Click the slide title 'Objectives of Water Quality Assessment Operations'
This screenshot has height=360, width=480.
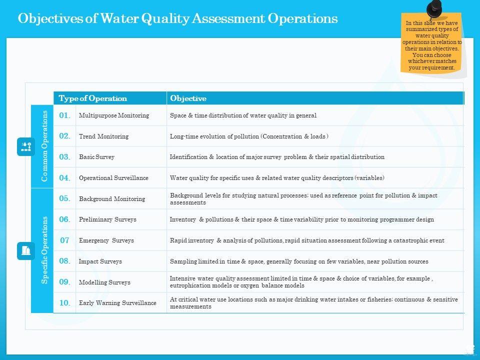[x=177, y=19]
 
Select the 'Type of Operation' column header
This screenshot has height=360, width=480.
[x=93, y=98]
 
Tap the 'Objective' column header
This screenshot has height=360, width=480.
[x=188, y=98]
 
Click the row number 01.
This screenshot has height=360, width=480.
[x=64, y=115]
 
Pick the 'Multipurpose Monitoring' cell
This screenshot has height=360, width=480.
[x=114, y=115]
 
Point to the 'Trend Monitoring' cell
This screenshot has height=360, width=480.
[x=103, y=136]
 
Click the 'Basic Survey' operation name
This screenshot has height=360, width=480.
[x=96, y=157]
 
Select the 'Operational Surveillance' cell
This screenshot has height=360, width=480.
[x=113, y=178]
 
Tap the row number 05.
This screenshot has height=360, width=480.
[x=64, y=198]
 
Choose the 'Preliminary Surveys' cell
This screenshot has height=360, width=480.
[x=107, y=219]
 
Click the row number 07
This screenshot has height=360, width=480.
[x=64, y=240]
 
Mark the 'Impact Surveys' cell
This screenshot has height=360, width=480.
[x=100, y=261]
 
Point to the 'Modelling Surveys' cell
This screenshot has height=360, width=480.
[x=104, y=282]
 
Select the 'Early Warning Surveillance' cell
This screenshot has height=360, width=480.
[x=117, y=303]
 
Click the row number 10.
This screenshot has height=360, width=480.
[x=64, y=303]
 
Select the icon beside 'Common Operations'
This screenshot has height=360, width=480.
[x=26, y=146]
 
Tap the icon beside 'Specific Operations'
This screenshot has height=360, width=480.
[x=26, y=250]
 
